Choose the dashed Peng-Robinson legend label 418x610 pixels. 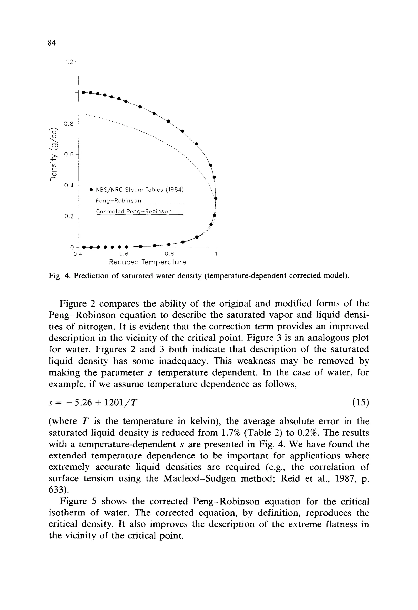coord(119,201)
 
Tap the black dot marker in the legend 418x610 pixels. coord(91,190)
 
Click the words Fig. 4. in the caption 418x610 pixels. coord(60,276)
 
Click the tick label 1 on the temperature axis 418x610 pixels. coord(216,254)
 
